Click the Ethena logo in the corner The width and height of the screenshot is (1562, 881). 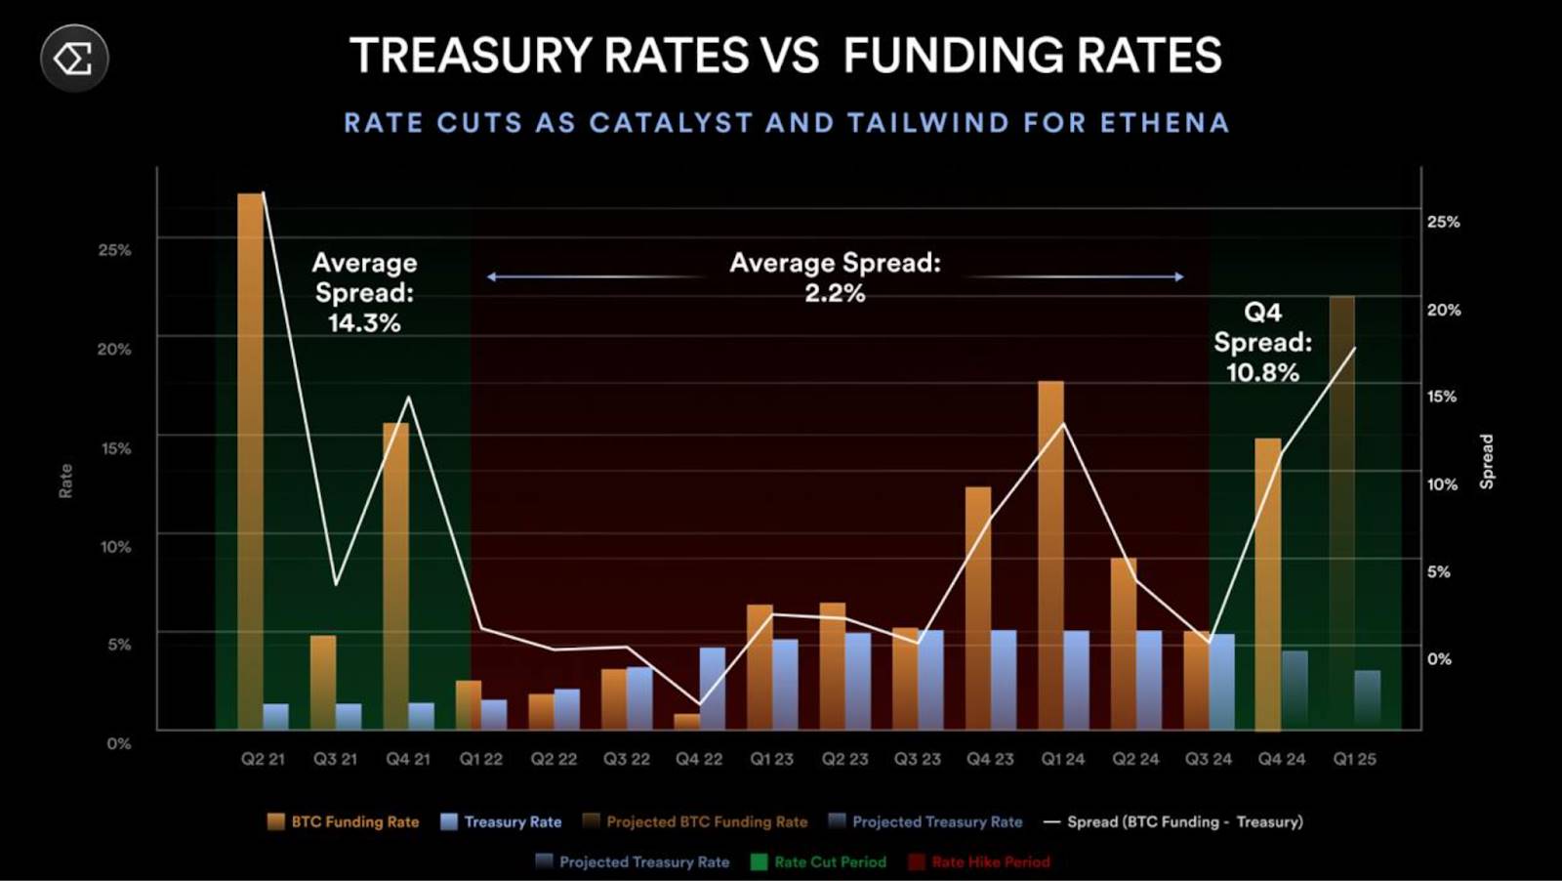[74, 59]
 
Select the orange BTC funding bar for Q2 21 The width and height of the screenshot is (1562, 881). [250, 459]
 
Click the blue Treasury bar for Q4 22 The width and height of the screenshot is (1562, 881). [713, 688]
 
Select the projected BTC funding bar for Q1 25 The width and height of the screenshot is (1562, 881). [1341, 512]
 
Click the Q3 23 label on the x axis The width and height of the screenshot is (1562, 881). [917, 759]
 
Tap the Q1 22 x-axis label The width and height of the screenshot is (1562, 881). [480, 759]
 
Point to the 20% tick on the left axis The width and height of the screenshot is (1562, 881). [114, 349]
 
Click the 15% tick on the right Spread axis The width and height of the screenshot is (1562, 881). [1443, 397]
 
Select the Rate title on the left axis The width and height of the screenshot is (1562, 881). [65, 481]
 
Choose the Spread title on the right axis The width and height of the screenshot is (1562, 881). [1487, 461]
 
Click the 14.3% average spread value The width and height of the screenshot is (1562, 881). [364, 323]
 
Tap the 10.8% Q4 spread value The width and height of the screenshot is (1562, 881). [1262, 372]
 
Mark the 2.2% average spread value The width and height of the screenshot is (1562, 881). [835, 293]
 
